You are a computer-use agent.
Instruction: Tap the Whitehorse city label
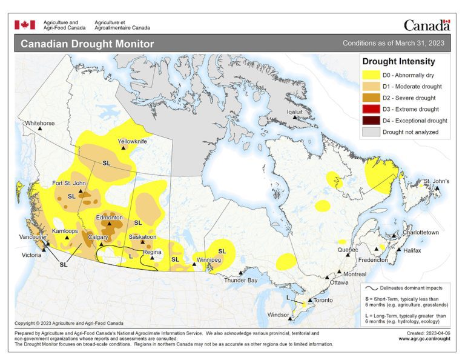click(x=39, y=123)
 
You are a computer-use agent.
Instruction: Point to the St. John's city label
click(x=436, y=181)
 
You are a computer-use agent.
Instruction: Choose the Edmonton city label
click(x=110, y=217)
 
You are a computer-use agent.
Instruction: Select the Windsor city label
click(x=279, y=315)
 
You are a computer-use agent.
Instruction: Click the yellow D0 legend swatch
click(x=371, y=75)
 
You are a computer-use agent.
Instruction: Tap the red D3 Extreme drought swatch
click(x=371, y=109)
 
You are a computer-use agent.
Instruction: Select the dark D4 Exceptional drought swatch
click(x=371, y=120)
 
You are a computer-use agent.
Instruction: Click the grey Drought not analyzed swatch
click(x=371, y=132)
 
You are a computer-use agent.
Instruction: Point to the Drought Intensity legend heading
click(x=398, y=61)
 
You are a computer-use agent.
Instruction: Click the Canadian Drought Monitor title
click(x=87, y=44)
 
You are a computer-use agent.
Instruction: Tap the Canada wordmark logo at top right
click(x=427, y=25)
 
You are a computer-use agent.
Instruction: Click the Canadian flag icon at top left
click(x=25, y=25)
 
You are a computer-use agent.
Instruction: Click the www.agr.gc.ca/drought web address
click(x=424, y=339)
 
